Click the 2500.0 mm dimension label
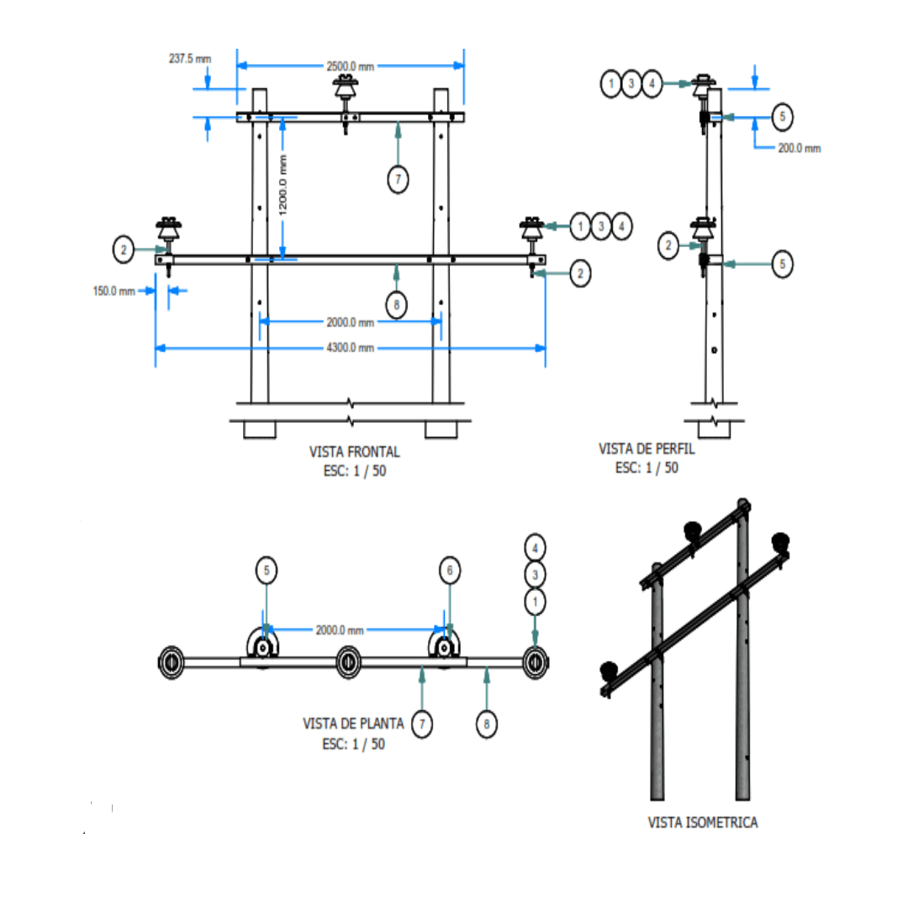tap(349, 66)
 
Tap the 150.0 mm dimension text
tap(113, 291)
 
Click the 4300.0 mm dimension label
tap(350, 348)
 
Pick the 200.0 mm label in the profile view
tap(799, 148)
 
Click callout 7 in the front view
tap(399, 178)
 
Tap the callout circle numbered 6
tap(450, 571)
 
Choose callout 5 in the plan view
tap(267, 571)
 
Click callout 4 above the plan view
tap(535, 547)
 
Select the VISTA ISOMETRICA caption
tap(703, 822)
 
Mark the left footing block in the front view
tap(260, 430)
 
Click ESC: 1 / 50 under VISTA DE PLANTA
tap(353, 744)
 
